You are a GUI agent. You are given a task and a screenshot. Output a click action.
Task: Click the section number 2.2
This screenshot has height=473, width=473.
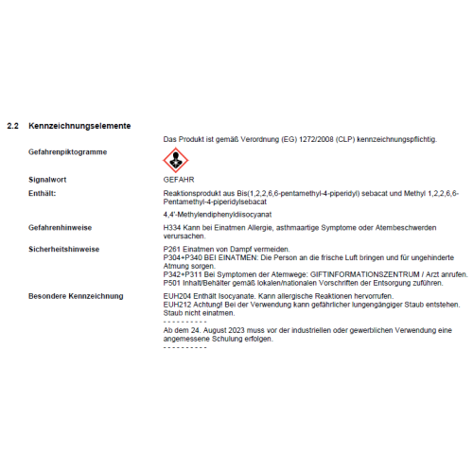(13, 126)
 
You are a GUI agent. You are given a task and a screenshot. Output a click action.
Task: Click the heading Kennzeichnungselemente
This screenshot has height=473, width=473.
(79, 126)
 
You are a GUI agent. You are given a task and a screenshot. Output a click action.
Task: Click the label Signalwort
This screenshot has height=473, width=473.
(47, 178)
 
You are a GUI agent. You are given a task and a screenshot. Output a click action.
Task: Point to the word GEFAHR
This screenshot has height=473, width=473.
(178, 178)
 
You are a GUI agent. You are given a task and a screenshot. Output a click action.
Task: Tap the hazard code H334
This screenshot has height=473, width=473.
(173, 228)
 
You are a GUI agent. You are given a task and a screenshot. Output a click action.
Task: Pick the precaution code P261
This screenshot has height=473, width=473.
(173, 248)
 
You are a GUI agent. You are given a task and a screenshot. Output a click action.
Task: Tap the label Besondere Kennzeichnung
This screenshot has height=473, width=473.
(76, 296)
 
